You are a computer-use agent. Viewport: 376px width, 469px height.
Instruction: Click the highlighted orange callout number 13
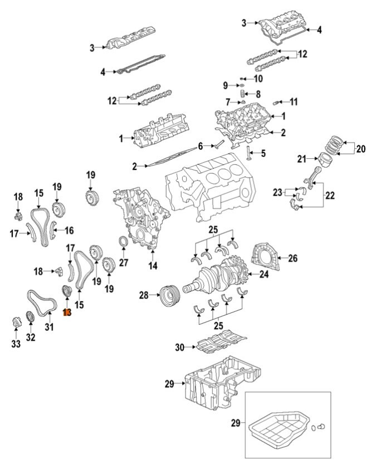[67, 313]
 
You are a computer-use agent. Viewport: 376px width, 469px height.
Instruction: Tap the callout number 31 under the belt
[49, 327]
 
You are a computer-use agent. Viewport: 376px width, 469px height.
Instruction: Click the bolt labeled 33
[16, 322]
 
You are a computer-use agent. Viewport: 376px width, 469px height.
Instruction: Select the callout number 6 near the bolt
[201, 146]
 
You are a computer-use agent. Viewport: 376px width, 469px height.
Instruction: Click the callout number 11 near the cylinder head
[294, 101]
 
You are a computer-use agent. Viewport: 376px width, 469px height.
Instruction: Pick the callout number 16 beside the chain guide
[70, 229]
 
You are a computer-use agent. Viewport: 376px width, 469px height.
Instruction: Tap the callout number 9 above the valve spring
[226, 85]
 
